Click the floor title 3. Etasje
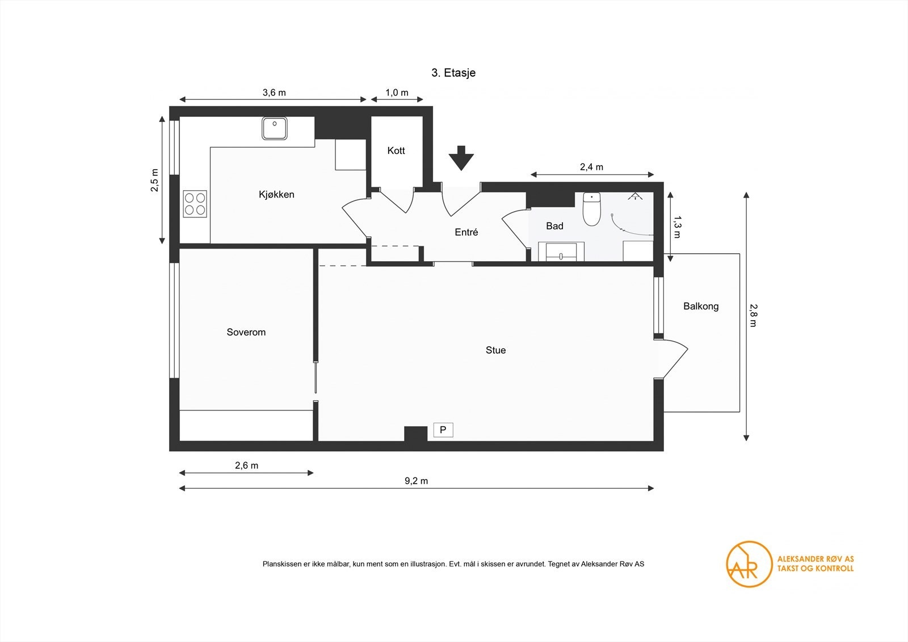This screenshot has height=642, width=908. click(453, 73)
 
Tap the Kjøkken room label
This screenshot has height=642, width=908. click(276, 195)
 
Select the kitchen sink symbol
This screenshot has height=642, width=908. click(275, 128)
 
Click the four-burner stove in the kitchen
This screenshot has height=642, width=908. click(195, 204)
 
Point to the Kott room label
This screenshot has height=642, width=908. click(396, 151)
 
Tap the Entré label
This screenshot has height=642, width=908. click(466, 232)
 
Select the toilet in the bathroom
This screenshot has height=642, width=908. click(592, 209)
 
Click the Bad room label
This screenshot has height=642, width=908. click(554, 226)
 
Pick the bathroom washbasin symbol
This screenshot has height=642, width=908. click(561, 251)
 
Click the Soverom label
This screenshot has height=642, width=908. click(246, 333)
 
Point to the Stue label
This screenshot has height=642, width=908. click(496, 350)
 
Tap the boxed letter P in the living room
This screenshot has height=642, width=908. click(443, 430)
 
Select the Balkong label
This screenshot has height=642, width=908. click(701, 307)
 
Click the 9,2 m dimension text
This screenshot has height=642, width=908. click(417, 481)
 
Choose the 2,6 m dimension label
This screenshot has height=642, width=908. click(246, 465)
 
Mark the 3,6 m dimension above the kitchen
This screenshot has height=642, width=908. click(274, 93)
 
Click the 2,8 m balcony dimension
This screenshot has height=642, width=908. click(753, 316)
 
